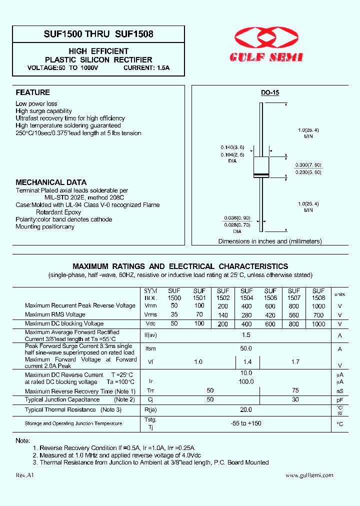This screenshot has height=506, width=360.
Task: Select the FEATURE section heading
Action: coord(32,92)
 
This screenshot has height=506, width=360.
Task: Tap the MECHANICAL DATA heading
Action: coord(51,182)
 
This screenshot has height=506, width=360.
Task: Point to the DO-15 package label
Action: coord(270,93)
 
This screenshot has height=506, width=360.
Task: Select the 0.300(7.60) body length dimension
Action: coord(308,165)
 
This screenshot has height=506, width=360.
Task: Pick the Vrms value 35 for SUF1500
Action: coord(174,315)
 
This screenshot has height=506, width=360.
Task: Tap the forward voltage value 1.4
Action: coord(246,361)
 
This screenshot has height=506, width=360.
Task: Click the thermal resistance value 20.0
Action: coord(246,409)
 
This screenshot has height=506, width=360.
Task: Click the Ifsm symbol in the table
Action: coord(150,349)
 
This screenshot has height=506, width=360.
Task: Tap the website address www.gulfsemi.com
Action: coord(309,475)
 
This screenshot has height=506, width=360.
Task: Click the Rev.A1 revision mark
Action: coord(24,475)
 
